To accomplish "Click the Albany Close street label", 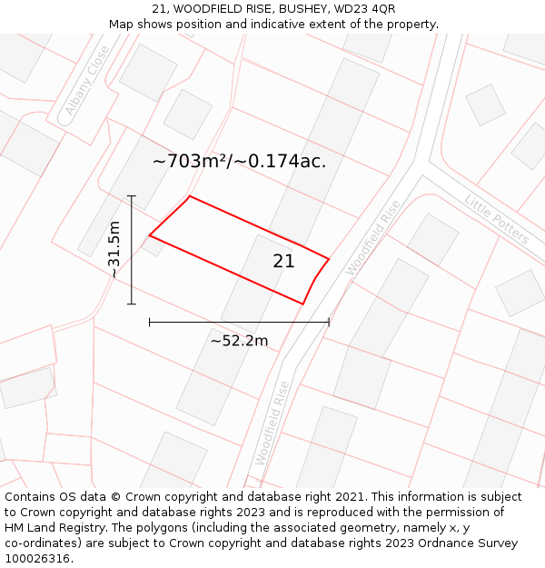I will pyautogui.click(x=87, y=85).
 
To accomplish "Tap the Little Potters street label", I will pyautogui.click(x=496, y=219).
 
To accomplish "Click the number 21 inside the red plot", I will pyautogui.click(x=283, y=262).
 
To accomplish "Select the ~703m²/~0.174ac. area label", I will pyautogui.click(x=239, y=162).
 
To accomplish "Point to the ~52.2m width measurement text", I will pyautogui.click(x=239, y=341).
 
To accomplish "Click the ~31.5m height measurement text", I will pyautogui.click(x=114, y=249).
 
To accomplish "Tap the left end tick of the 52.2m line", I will pyautogui.click(x=149, y=322).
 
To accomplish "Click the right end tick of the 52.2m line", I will pyautogui.click(x=329, y=322).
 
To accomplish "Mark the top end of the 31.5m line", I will pyautogui.click(x=132, y=195).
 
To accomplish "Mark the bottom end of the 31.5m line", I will pyautogui.click(x=132, y=304).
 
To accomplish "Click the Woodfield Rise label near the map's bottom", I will pyautogui.click(x=272, y=423).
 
